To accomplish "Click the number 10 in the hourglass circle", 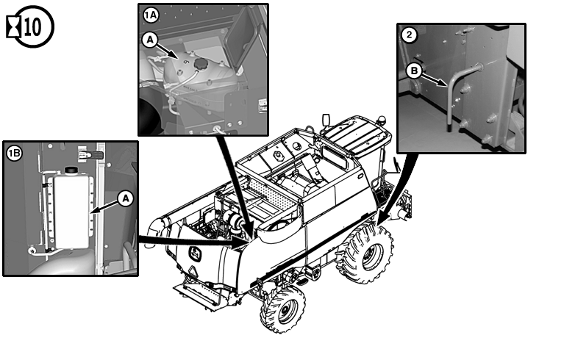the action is [33, 26].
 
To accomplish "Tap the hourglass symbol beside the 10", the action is [14, 27].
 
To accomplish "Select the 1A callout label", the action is [151, 15].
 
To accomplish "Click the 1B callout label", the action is [15, 154].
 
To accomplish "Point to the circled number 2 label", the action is [409, 35].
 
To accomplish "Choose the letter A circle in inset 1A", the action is [150, 40].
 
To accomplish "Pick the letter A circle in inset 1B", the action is [126, 198].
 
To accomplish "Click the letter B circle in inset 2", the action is [414, 71].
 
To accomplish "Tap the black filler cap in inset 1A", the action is [201, 65].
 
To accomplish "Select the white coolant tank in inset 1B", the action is [71, 211].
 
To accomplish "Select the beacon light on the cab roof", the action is [381, 120].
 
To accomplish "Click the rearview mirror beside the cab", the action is [326, 120].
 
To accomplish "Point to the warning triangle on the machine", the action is [193, 272].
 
